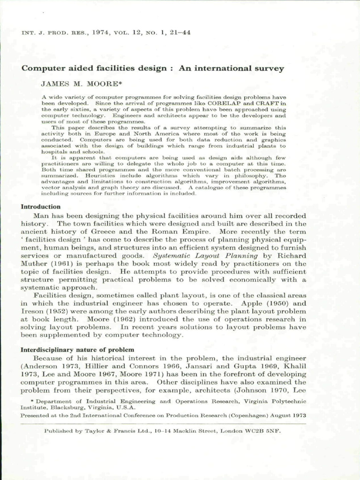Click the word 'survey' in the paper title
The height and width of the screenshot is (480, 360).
pos(266,68)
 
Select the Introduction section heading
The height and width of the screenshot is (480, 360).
pos(41,207)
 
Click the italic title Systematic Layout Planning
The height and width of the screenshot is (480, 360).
pos(205,255)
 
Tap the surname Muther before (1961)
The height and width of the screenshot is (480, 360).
pos(34,263)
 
